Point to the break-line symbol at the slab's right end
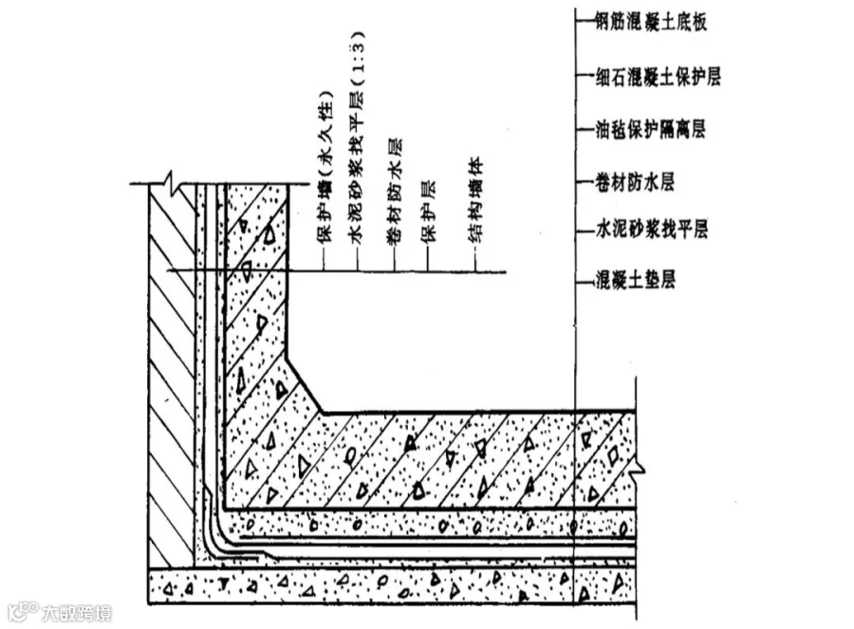click(x=640, y=465)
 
